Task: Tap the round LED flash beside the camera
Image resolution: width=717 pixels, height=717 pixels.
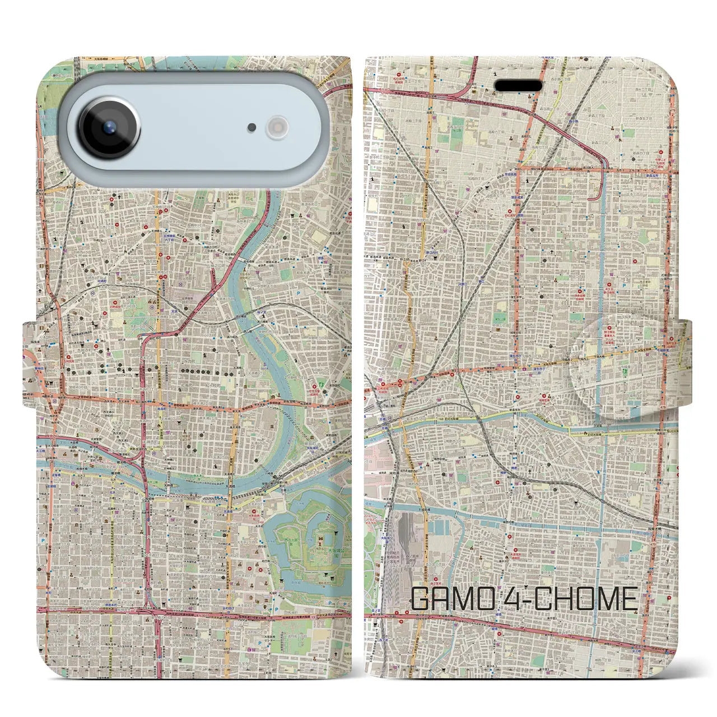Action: click(x=277, y=128)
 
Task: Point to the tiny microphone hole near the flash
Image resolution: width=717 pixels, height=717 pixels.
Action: click(x=252, y=128)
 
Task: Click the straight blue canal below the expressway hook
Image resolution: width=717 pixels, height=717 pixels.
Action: click(x=602, y=269)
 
